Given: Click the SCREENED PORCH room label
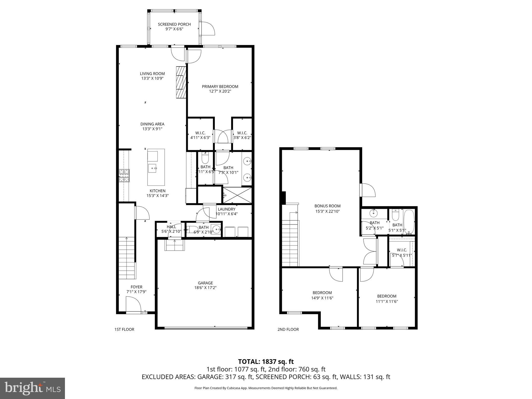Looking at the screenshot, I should [x=174, y=24].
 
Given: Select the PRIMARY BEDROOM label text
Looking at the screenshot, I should [x=220, y=87].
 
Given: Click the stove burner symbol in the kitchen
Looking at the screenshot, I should [x=124, y=175].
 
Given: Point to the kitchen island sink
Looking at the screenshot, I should [x=152, y=168].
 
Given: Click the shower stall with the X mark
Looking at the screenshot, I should [x=237, y=195].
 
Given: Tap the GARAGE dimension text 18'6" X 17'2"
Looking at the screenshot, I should [x=205, y=288].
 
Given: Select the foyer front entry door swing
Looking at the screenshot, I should [x=133, y=304].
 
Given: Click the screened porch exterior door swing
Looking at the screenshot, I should [x=207, y=29].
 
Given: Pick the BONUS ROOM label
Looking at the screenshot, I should [x=327, y=206].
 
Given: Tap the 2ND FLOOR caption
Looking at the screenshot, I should [x=288, y=329].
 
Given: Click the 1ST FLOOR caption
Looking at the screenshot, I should [x=124, y=329].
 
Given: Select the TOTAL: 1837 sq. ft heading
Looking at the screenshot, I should [x=266, y=362].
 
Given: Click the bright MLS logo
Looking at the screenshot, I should [x=32, y=388].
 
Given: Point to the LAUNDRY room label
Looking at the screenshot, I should [x=227, y=209].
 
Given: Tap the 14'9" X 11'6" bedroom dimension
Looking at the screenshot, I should [x=322, y=298].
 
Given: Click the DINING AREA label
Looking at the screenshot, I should [x=152, y=124].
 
